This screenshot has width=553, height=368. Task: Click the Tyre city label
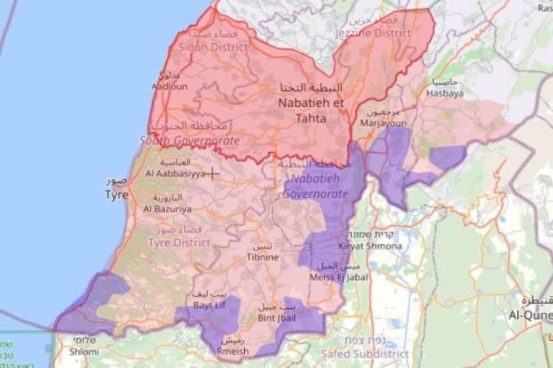click(x=116, y=195)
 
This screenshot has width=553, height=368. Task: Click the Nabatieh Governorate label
click(x=315, y=187)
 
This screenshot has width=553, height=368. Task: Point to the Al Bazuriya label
click(x=167, y=209)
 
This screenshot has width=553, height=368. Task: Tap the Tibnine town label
click(x=262, y=256)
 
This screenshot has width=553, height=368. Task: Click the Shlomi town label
click(x=86, y=352)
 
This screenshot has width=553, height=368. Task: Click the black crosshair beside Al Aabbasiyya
click(x=212, y=174)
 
